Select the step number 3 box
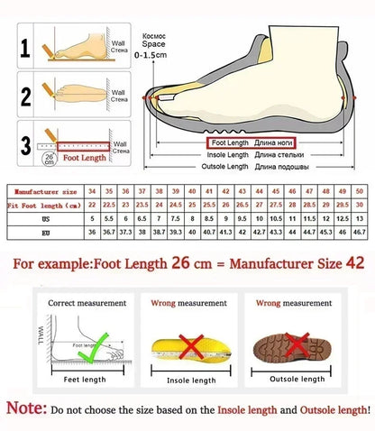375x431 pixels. pos(27,142)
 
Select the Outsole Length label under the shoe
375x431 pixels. pos(225,167)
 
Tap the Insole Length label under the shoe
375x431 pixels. pos(227,155)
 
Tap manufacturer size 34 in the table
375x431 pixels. pos(92,192)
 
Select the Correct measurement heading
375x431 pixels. pos(81,304)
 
